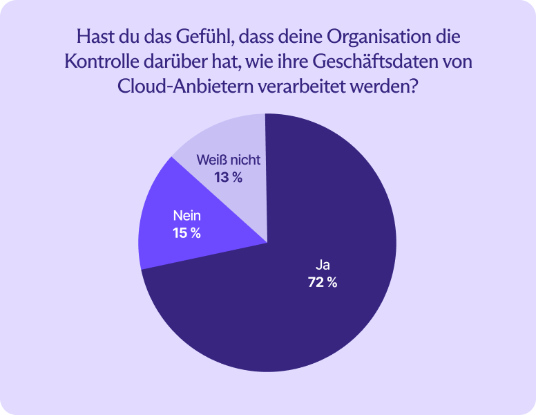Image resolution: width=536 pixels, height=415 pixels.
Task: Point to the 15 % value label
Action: (x=186, y=233)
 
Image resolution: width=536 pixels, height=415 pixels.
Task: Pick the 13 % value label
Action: (x=228, y=178)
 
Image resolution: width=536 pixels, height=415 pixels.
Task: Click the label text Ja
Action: (x=323, y=264)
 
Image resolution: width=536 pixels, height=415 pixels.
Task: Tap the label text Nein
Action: (x=186, y=215)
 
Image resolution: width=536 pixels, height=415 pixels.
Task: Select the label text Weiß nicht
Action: (x=228, y=160)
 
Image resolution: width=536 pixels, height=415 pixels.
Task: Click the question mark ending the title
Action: (x=414, y=87)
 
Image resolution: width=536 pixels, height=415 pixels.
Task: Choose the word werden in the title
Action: (x=381, y=87)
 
